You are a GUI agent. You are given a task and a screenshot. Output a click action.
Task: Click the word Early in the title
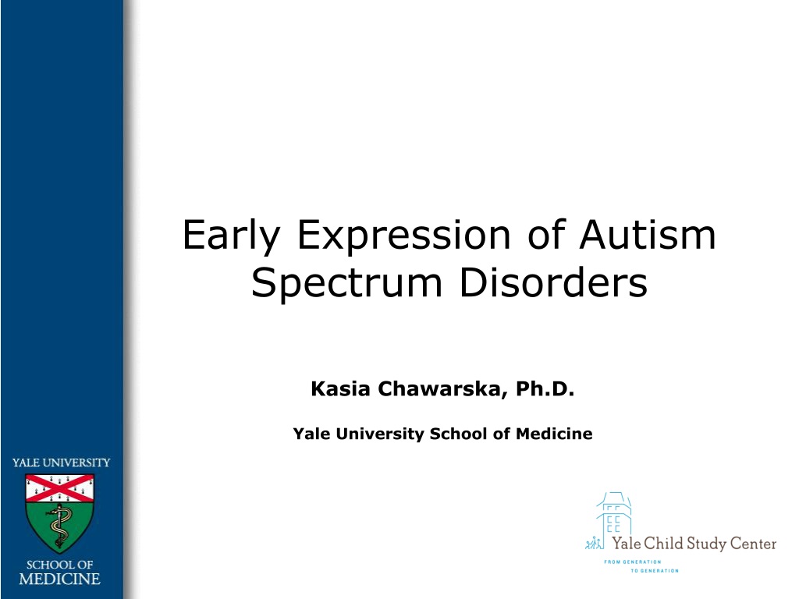(231, 236)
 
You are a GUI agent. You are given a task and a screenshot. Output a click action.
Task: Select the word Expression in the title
(403, 236)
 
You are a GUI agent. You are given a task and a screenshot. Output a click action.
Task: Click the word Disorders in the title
(553, 282)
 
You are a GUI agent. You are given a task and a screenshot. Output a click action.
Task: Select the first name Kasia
(340, 388)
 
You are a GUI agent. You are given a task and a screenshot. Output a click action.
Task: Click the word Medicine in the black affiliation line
(554, 434)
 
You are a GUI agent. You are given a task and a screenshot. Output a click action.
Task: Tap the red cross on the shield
(60, 488)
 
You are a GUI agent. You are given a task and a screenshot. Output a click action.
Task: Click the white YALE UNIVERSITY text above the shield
(61, 463)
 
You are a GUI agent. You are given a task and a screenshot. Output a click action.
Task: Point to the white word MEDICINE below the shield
(59, 580)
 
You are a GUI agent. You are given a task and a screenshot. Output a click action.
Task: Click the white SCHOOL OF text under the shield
(59, 565)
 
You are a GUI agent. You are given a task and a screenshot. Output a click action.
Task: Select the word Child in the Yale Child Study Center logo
(663, 543)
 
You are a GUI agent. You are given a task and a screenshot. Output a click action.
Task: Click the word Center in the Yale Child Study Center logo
(753, 544)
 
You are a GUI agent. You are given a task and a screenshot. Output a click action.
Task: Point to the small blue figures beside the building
(593, 543)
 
